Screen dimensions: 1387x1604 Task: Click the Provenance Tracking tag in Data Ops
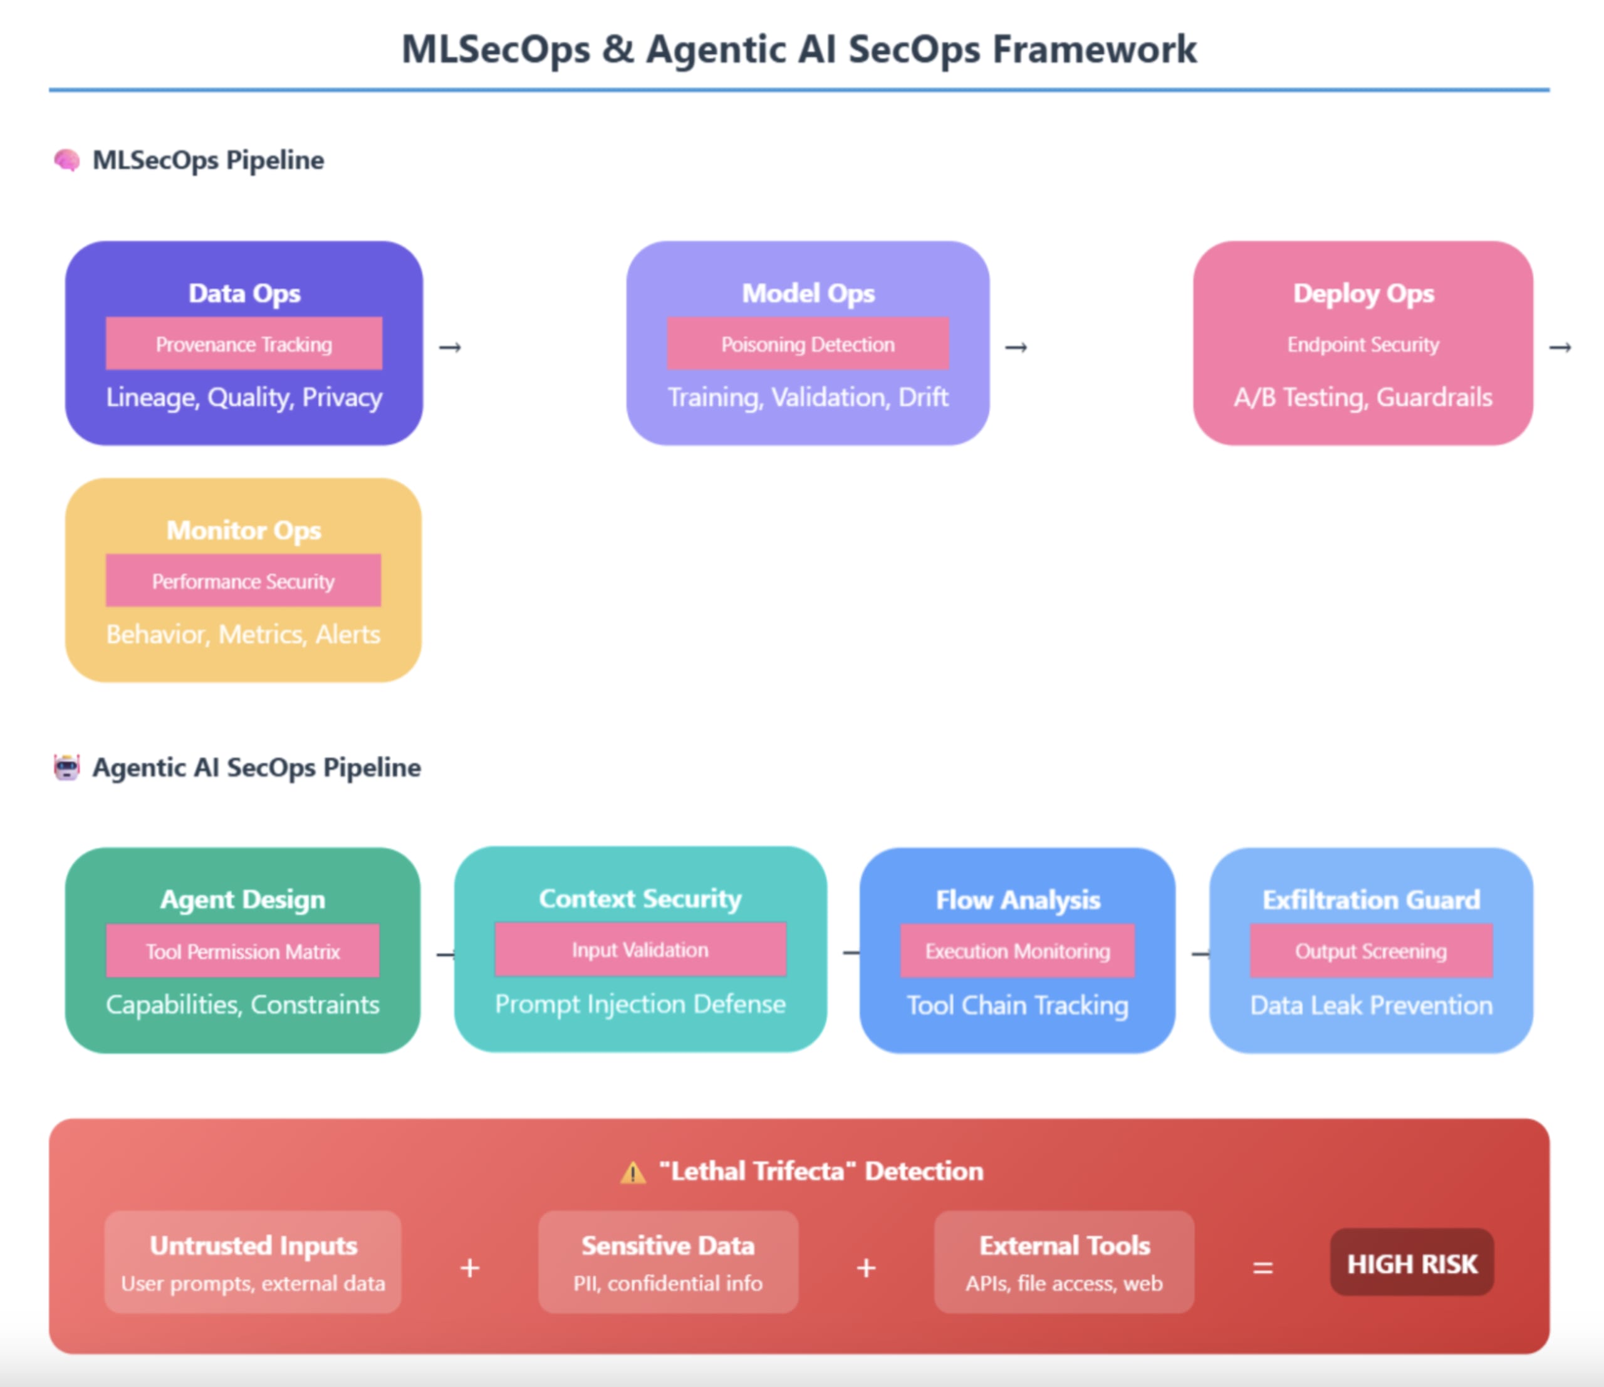pyautogui.click(x=244, y=344)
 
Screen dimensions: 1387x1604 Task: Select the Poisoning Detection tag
pyautogui.click(x=808, y=344)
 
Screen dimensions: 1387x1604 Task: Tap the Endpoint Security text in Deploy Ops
pyautogui.click(x=1363, y=345)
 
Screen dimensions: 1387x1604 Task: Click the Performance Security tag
pyautogui.click(x=243, y=581)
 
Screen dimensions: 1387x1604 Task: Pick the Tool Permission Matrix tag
pyautogui.click(x=242, y=950)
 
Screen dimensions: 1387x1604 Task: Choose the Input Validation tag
pyautogui.click(x=640, y=949)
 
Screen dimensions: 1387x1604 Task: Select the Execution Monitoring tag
pyautogui.click(x=1017, y=950)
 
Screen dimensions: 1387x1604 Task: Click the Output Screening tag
pyautogui.click(x=1370, y=950)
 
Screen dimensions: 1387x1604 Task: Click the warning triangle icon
pyautogui.click(x=632, y=1173)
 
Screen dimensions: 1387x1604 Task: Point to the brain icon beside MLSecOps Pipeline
pyautogui.click(x=66, y=160)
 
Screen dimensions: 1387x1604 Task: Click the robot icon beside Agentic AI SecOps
pyautogui.click(x=66, y=767)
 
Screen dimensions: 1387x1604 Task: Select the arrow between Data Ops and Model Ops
pyautogui.click(x=450, y=348)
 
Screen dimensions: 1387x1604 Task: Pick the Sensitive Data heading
pyautogui.click(x=667, y=1245)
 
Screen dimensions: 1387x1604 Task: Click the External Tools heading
pyautogui.click(x=1065, y=1245)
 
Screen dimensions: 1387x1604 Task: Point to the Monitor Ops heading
pyautogui.click(x=243, y=530)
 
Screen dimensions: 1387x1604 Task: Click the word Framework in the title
pyautogui.click(x=1095, y=49)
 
